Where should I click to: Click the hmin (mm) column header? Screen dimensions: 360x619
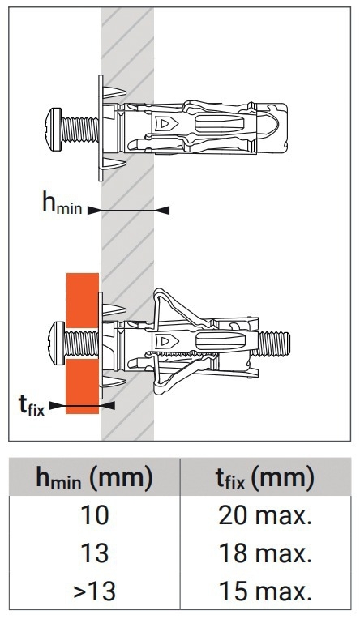point(94,478)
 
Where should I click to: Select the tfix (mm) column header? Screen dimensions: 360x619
point(265,478)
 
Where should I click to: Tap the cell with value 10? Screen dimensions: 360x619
point(94,515)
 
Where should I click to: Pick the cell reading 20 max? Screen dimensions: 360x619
point(265,515)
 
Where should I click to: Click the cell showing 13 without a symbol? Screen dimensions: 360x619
point(94,553)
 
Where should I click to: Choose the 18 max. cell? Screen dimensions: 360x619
point(265,553)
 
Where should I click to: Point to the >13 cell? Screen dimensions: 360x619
point(94,591)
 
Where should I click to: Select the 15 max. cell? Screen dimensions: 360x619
point(265,591)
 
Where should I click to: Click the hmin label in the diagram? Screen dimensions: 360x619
point(62,203)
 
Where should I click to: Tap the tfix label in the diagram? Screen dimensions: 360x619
point(32,404)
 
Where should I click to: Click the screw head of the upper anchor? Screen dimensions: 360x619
point(54,129)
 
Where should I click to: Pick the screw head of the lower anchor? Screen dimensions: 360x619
point(58,343)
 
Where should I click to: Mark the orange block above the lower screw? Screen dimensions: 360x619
point(82,300)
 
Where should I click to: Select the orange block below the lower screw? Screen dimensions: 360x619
point(82,386)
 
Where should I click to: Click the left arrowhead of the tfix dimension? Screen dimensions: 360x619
point(56,405)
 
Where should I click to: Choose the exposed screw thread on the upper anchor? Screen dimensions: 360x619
point(79,129)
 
